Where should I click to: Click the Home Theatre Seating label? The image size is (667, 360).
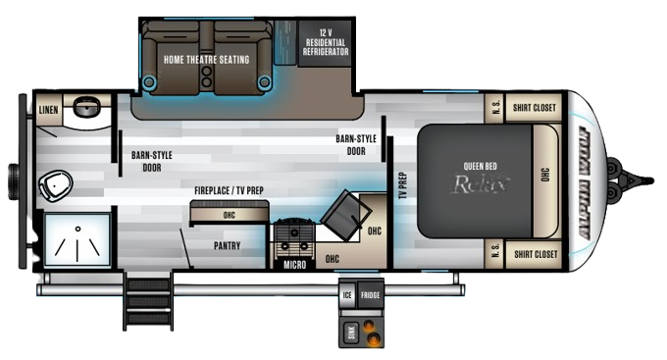tap(207, 59)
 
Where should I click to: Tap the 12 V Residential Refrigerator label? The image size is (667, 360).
tap(325, 43)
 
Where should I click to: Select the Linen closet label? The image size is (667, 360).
tap(48, 109)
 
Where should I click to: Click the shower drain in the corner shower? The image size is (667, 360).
tap(75, 228)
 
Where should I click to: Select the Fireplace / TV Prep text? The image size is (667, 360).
tap(229, 190)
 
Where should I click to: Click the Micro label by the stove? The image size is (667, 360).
tap(291, 265)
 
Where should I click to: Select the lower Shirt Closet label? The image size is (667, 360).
tap(534, 253)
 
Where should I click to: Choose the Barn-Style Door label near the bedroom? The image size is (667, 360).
tap(356, 145)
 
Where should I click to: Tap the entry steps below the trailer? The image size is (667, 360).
tap(146, 299)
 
